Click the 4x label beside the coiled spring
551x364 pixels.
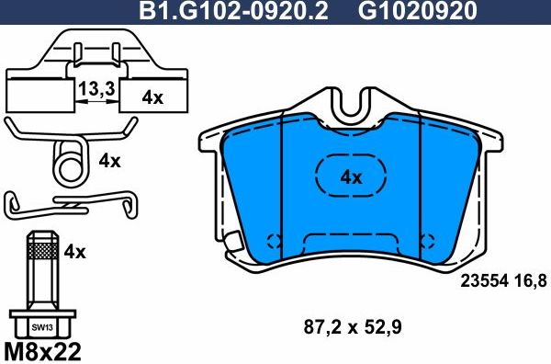pos(109,161)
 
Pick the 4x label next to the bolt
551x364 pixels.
pos(75,250)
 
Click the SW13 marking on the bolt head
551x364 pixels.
pos(40,325)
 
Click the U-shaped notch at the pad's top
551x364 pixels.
pos(349,108)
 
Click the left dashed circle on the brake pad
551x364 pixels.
pos(273,242)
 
